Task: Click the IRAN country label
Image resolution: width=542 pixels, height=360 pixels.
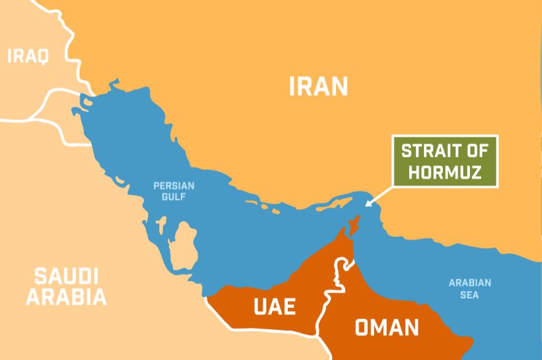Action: tap(318, 87)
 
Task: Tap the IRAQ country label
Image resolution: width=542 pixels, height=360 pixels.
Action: tap(28, 57)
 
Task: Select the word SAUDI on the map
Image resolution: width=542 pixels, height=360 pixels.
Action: tap(66, 276)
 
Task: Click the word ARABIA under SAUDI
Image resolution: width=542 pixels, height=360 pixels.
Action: tap(66, 297)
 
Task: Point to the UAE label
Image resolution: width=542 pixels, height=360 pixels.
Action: tap(275, 306)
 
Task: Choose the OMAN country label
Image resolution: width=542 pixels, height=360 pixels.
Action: tap(387, 327)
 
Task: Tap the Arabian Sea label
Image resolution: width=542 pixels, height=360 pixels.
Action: tap(469, 289)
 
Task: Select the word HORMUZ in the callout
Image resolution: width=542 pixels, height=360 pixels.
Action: tap(445, 172)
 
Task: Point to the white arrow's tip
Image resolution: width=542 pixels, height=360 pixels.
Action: tap(365, 205)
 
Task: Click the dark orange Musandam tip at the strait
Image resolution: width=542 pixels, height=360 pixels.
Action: tap(352, 226)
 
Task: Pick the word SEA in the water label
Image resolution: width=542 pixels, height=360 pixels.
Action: tap(469, 295)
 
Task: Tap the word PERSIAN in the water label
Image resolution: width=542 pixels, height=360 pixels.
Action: tap(173, 185)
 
